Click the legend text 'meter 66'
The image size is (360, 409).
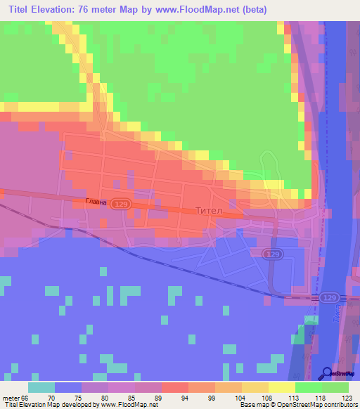click(16, 397)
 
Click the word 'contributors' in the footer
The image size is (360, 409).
click(339, 405)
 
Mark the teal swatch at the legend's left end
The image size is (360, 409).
click(41, 387)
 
